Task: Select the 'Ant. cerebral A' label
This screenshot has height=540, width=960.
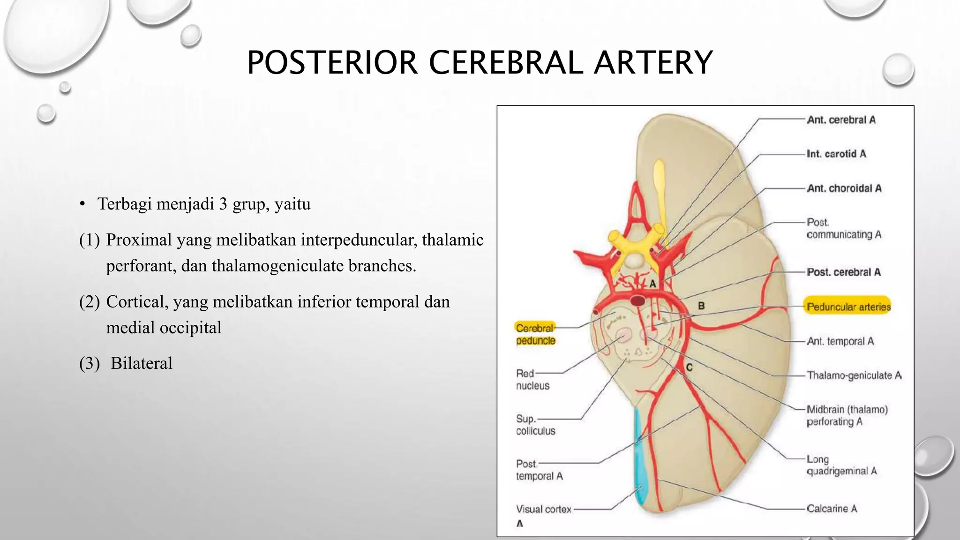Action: pos(841,120)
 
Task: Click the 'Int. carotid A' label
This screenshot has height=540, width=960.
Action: pos(836,154)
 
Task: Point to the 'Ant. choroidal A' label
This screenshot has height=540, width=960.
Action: pos(844,188)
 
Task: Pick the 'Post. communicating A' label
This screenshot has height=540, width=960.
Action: pos(844,228)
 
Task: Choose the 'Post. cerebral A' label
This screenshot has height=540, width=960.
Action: pos(843,272)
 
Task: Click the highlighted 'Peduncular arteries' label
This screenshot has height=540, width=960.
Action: pos(848,307)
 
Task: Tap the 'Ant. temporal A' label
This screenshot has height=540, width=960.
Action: pos(840,341)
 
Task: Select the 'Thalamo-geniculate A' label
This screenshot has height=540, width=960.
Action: pos(854,375)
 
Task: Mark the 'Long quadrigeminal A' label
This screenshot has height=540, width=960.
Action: pos(841,465)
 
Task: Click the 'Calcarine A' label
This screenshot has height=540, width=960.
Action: pos(832,509)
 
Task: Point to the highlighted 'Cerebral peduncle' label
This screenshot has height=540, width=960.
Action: pos(535,334)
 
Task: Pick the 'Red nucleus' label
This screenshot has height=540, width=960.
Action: pos(532,380)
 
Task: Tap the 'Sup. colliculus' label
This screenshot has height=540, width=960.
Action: pos(535,425)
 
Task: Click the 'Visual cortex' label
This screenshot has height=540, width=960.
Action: pos(544,509)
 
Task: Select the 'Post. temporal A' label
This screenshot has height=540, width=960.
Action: pos(539,470)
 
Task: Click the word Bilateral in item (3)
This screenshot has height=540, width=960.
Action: pos(141,363)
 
